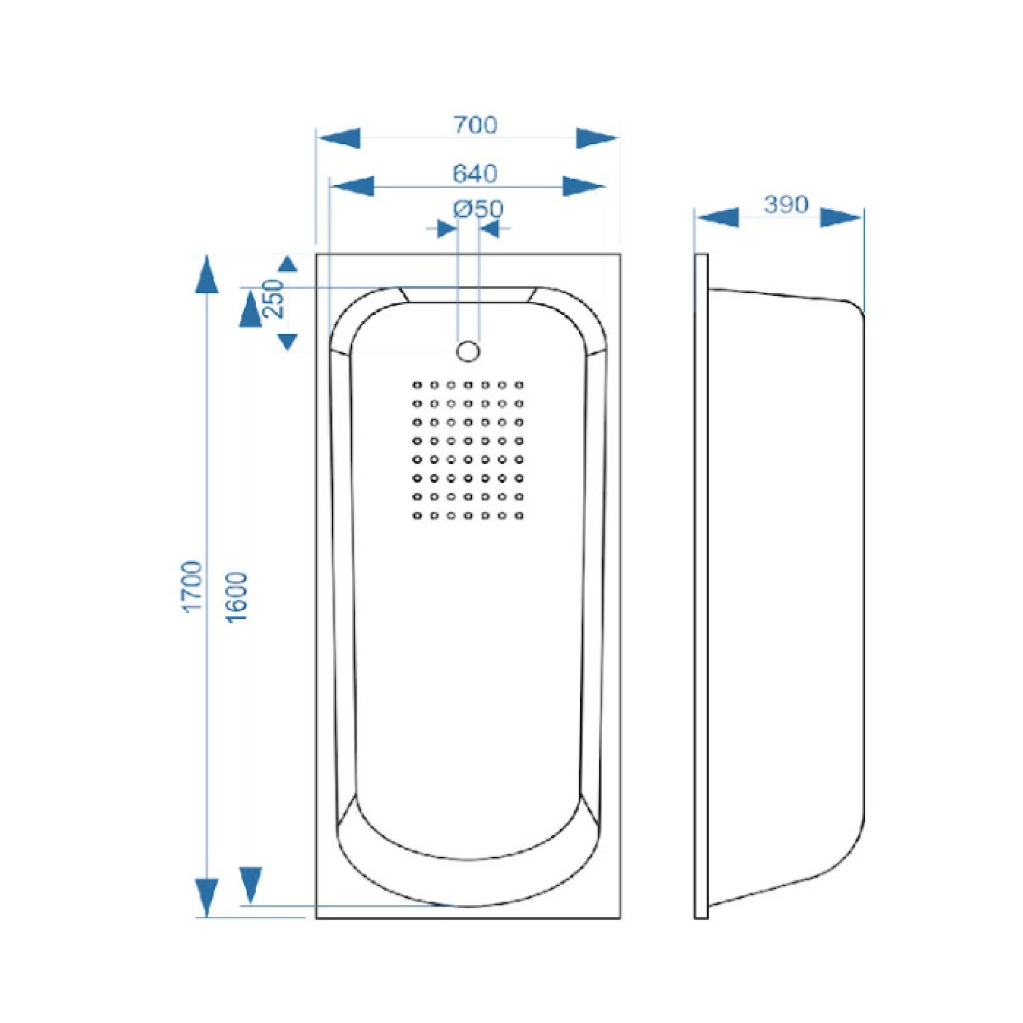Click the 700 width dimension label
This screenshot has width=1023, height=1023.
pyautogui.click(x=475, y=125)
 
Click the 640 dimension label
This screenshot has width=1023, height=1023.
pyautogui.click(x=475, y=174)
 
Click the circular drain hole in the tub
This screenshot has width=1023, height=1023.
pyautogui.click(x=468, y=351)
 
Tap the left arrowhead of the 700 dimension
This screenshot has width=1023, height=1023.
pyautogui.click(x=339, y=138)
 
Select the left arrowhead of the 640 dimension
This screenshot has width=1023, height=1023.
pyautogui.click(x=352, y=186)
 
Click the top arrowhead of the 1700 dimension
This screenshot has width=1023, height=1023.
pyautogui.click(x=207, y=274)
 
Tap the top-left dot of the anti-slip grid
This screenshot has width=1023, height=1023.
pyautogui.click(x=417, y=385)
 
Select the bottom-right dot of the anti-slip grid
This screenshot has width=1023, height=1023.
pyautogui.click(x=519, y=515)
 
